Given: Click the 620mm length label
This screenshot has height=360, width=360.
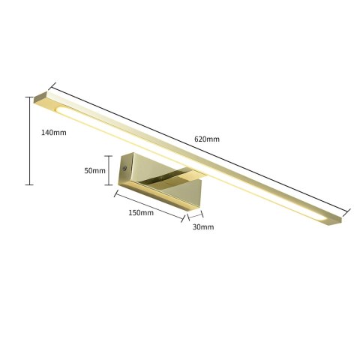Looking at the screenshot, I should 206,139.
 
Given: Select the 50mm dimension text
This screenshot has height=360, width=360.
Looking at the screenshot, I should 94,170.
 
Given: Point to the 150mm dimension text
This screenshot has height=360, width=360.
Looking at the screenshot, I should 141,212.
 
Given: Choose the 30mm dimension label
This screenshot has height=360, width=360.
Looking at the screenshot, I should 202,226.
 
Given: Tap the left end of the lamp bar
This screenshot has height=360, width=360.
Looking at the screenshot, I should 45,99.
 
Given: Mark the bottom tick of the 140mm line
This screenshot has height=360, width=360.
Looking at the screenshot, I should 29,184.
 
